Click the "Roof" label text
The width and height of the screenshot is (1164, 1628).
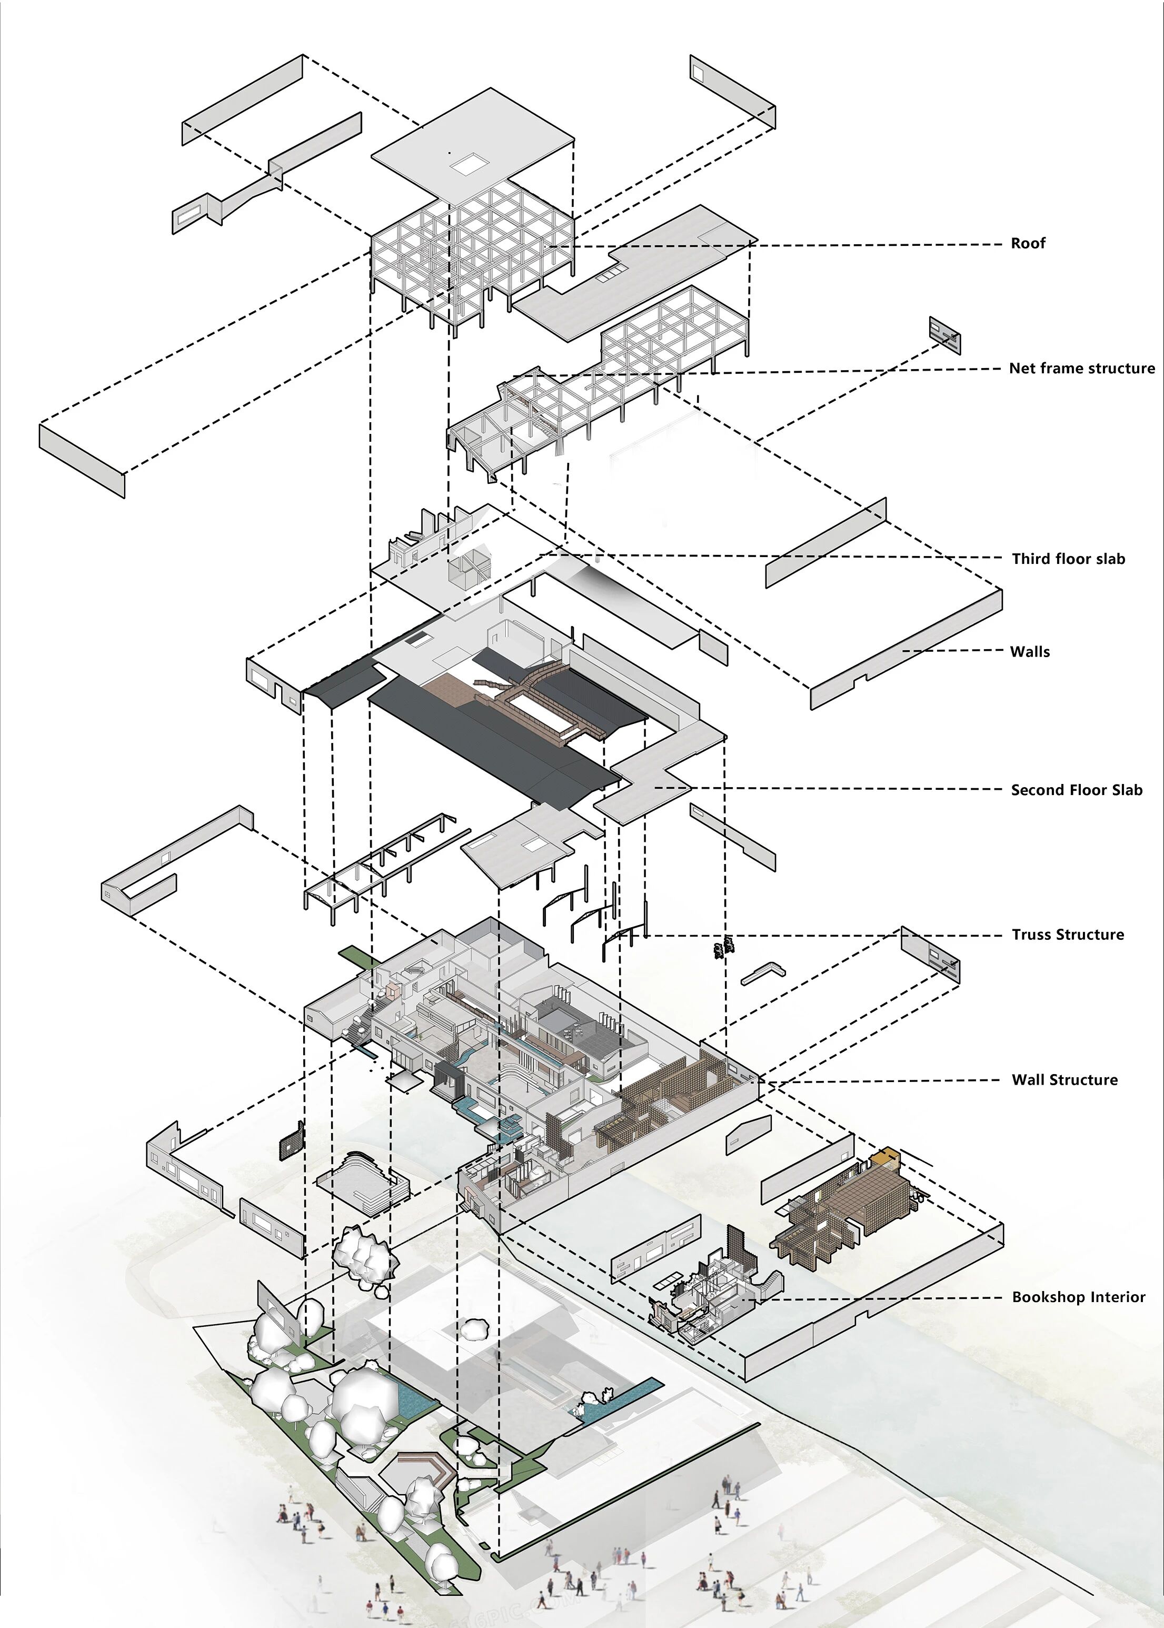pos(1027,243)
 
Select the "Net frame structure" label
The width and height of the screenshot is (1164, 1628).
pos(1081,369)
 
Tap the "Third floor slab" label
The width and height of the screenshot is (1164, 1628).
pos(1068,559)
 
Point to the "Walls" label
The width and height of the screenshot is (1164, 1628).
pos(1029,652)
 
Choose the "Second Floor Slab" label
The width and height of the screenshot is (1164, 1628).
pos(1076,790)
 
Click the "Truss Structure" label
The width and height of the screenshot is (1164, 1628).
pos(1067,935)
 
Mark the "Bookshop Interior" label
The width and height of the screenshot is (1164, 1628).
pos(1078,1297)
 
